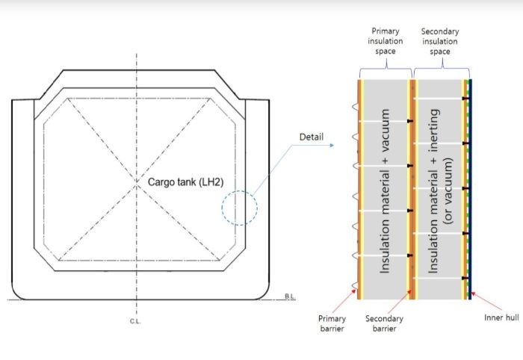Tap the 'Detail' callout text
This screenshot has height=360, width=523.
(x=311, y=137)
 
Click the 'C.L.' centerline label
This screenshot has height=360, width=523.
(x=135, y=320)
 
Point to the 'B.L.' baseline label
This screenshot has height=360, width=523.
(x=290, y=297)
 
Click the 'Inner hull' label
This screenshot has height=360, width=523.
(x=502, y=317)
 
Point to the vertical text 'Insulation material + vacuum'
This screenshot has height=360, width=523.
(x=386, y=190)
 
